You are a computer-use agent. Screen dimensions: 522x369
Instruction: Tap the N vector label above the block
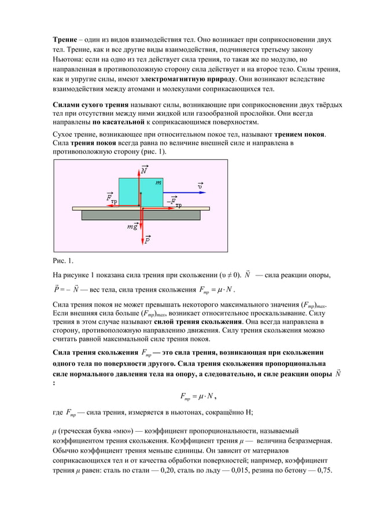[x=143, y=170]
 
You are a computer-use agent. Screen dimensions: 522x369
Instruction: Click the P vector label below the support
[x=147, y=238]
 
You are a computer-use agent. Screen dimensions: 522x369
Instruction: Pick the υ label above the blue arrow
[x=200, y=186]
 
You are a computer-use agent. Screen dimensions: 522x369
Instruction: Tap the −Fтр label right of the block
[x=174, y=201]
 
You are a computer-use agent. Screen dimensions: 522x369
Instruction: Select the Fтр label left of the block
[x=110, y=197]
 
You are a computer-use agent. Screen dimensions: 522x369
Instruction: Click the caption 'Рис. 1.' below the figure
[x=58, y=260]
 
